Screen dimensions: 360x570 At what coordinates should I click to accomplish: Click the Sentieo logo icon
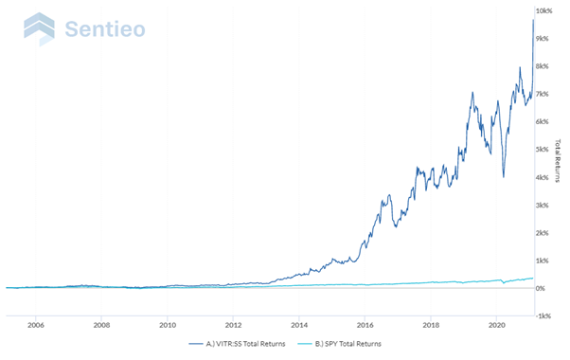tap(39, 28)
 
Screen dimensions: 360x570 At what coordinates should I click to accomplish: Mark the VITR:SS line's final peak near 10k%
tap(533, 20)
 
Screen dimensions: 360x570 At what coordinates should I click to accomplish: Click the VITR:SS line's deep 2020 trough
tap(503, 176)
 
